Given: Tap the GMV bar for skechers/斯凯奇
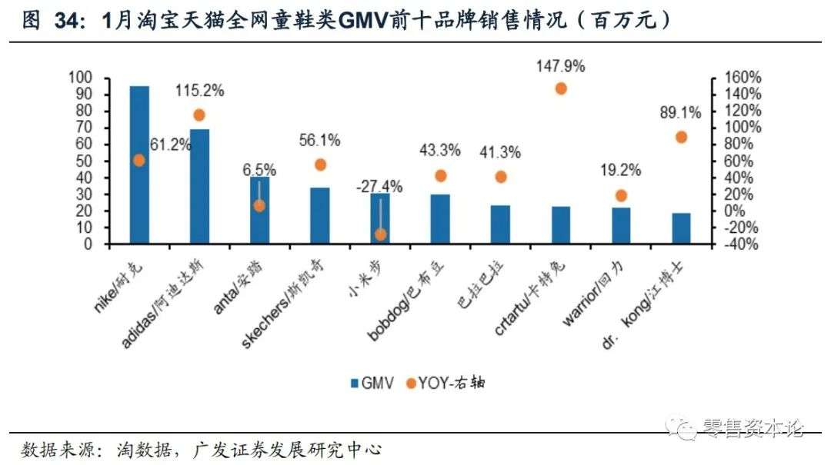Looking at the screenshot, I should tap(319, 216).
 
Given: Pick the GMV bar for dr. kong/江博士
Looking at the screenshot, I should tap(681, 228).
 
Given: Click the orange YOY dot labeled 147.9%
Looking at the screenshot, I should tap(561, 88).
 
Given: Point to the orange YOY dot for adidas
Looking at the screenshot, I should tap(199, 115).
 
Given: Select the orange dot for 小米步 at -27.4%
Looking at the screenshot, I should tap(380, 234).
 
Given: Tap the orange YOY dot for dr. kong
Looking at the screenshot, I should tap(681, 137).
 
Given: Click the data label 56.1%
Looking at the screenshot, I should tap(319, 140).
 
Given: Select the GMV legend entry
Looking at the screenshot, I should tap(374, 383).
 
